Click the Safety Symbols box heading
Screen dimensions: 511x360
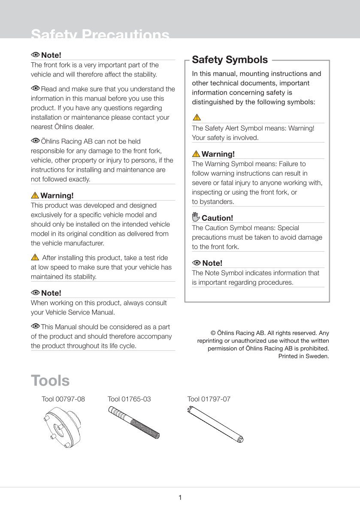click(x=230, y=60)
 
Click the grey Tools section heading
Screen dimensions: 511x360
click(x=50, y=380)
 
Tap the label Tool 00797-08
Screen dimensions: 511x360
click(x=63, y=399)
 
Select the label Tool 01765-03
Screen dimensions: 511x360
click(x=129, y=399)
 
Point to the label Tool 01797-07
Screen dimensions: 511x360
click(x=209, y=399)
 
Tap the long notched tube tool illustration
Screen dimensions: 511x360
click(x=217, y=425)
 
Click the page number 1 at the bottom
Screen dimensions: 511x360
click(x=180, y=498)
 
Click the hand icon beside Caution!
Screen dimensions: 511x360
click(x=196, y=217)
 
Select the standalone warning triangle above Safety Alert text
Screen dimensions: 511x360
click(x=196, y=117)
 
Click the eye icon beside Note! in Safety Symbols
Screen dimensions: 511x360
click(x=197, y=263)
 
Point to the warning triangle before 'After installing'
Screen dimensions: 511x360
click(x=35, y=258)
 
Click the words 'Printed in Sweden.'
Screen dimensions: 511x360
click(x=304, y=356)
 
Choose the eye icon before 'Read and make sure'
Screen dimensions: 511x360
click(x=35, y=88)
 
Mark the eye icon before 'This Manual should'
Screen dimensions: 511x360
click(x=35, y=326)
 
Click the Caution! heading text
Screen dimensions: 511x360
click(x=218, y=218)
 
